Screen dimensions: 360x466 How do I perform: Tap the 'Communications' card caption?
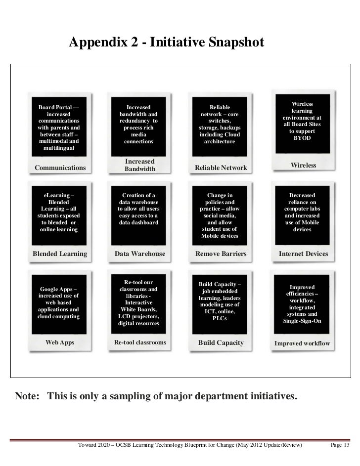(60, 168)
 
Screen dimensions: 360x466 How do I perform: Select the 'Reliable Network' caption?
(221, 168)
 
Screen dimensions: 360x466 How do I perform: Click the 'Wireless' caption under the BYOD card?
(303, 165)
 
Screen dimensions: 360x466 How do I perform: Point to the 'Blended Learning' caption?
(59, 254)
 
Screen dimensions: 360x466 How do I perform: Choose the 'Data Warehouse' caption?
(140, 254)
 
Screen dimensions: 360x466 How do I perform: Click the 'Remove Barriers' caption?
(221, 254)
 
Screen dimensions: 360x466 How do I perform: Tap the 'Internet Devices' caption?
(303, 254)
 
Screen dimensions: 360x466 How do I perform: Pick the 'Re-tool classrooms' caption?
(140, 342)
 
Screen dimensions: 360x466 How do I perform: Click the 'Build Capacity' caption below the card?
(221, 342)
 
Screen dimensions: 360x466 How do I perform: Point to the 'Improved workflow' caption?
(302, 343)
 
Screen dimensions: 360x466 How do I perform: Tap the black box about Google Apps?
(58, 302)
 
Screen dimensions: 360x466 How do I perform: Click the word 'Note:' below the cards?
(28, 396)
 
